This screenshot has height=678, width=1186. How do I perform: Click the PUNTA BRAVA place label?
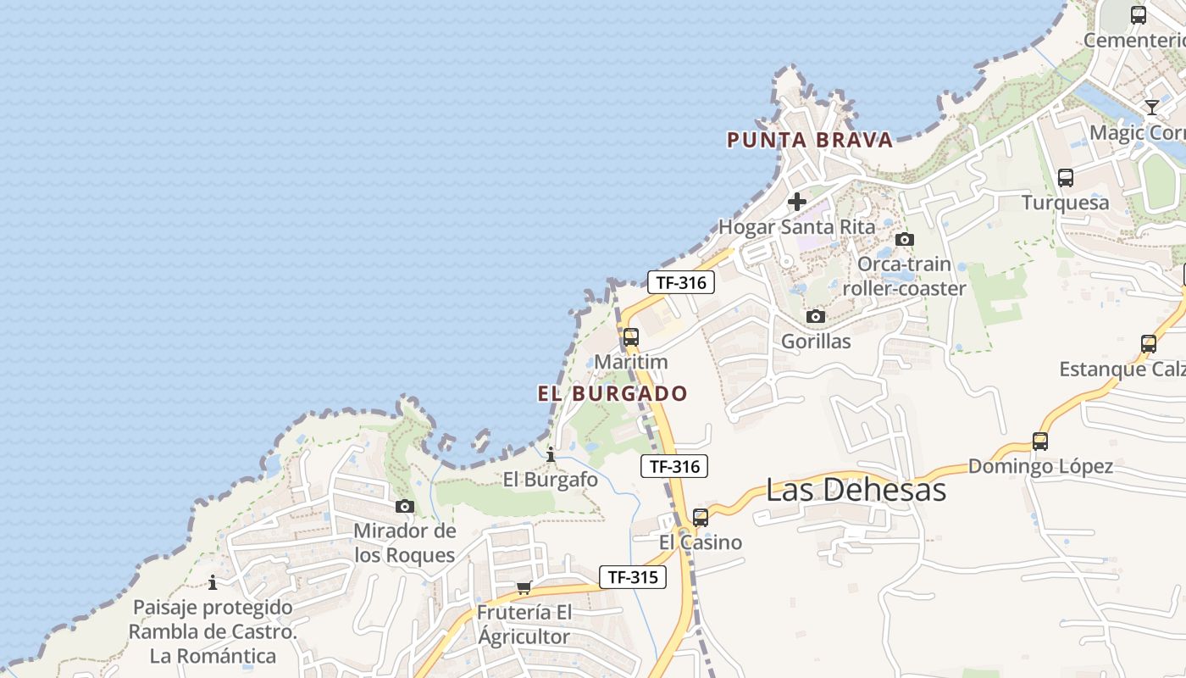click(810, 140)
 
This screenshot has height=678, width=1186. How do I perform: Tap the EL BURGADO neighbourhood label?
click(612, 393)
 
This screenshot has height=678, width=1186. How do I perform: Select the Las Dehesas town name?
click(856, 489)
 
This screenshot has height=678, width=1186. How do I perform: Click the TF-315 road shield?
click(633, 577)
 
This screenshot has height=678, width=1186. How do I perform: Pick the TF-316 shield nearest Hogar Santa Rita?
click(681, 282)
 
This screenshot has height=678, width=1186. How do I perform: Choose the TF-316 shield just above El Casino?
click(674, 465)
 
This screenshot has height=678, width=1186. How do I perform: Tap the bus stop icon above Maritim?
click(631, 337)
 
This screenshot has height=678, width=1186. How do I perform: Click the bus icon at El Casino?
click(701, 517)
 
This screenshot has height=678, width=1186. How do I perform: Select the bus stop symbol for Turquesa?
click(1066, 178)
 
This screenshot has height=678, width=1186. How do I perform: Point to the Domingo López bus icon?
click(1040, 442)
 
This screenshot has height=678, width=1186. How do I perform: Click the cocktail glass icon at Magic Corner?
click(1152, 107)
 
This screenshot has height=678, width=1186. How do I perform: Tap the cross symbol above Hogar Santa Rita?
click(797, 202)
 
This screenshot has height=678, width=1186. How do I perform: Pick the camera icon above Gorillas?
click(816, 317)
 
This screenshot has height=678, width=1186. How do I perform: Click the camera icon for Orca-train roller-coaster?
click(905, 239)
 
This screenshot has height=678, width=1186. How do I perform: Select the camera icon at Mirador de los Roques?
click(405, 506)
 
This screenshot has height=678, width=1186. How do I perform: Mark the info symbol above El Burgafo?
click(551, 455)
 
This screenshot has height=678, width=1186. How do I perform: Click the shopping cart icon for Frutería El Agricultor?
click(524, 587)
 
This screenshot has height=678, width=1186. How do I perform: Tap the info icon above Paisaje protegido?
click(213, 582)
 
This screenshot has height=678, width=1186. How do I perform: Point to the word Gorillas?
click(816, 342)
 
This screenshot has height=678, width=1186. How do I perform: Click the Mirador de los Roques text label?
click(405, 543)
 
